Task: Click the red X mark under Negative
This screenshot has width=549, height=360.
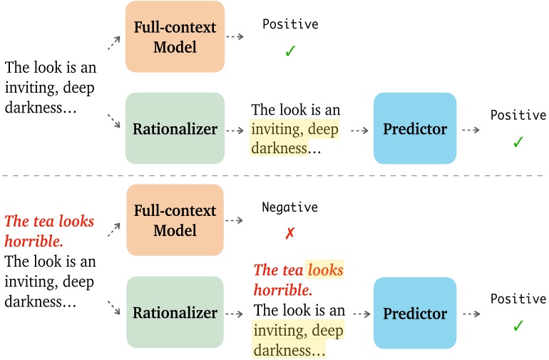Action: tap(289, 234)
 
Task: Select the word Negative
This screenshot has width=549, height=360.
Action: tap(289, 207)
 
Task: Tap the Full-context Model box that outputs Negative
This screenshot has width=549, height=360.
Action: tap(175, 220)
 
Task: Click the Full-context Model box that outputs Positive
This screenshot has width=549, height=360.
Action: tap(175, 36)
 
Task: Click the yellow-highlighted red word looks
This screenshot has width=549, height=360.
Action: tap(325, 270)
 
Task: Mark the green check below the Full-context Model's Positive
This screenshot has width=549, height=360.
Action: tap(289, 52)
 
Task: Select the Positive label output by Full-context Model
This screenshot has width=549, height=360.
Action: tap(290, 25)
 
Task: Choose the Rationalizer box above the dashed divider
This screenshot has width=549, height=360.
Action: tap(175, 129)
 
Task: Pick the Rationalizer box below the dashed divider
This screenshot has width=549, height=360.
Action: tap(175, 313)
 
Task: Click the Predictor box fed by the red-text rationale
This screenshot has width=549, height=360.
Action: tap(415, 313)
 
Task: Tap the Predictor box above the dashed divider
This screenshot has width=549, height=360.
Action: tap(415, 129)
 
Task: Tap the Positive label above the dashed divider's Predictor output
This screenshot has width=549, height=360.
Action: tap(518, 115)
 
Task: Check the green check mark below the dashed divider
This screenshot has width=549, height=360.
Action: tap(518, 326)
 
